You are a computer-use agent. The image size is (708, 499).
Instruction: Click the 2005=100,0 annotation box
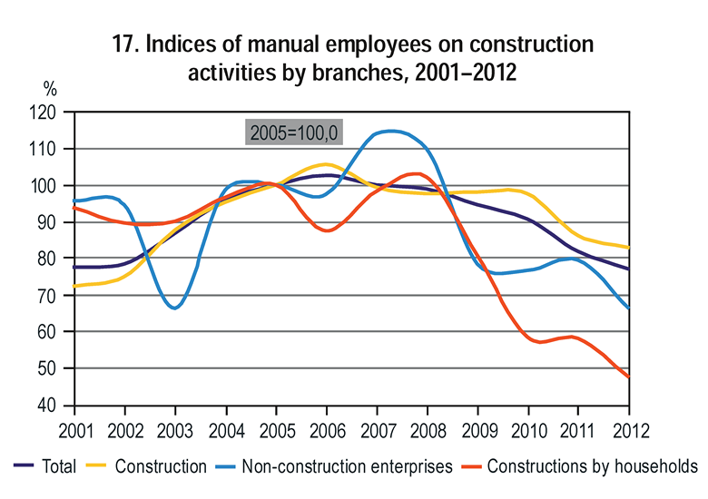pyautogui.click(x=294, y=132)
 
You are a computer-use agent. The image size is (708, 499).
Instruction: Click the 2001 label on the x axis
pyautogui.click(x=74, y=427)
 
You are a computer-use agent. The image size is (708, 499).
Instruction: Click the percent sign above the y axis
pyautogui.click(x=50, y=89)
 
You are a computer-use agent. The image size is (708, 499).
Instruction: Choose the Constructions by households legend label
pyautogui.click(x=592, y=466)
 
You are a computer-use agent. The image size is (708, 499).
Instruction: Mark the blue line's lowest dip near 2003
pyautogui.click(x=174, y=308)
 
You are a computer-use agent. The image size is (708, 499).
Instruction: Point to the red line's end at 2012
pyautogui.click(x=629, y=377)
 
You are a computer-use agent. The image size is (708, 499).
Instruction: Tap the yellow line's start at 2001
pyautogui.click(x=74, y=287)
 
